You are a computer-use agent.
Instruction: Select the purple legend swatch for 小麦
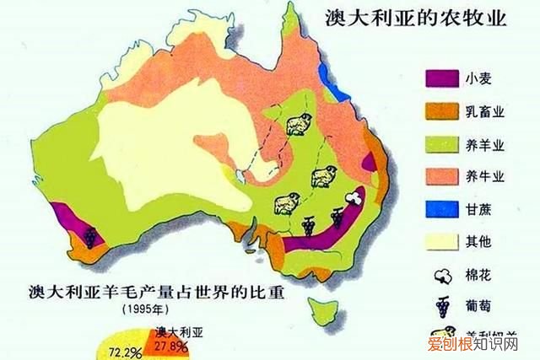(x=439, y=82)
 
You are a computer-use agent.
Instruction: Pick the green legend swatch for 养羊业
(x=439, y=144)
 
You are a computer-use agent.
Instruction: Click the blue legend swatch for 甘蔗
(x=439, y=207)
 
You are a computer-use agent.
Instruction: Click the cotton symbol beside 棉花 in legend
(x=440, y=272)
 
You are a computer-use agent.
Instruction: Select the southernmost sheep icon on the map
(x=286, y=203)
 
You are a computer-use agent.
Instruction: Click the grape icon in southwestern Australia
(x=90, y=234)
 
